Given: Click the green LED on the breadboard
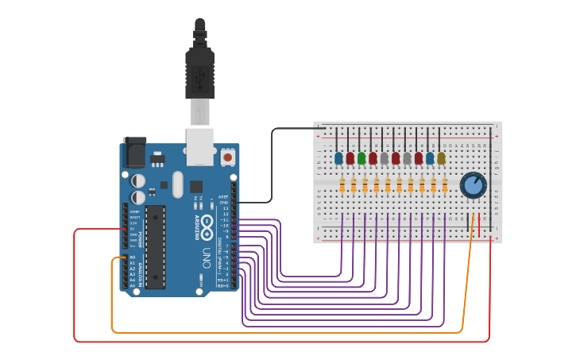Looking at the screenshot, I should (x=361, y=158).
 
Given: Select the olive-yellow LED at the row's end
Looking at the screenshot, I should (x=441, y=158).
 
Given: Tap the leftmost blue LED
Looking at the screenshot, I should (x=338, y=158).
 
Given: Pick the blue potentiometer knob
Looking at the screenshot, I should (x=473, y=185).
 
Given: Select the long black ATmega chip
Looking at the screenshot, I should (x=155, y=246).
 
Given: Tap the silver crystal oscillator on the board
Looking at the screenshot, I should (x=176, y=184).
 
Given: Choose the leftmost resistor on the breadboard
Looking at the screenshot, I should (x=342, y=186).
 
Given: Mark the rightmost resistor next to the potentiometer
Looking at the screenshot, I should (x=445, y=186).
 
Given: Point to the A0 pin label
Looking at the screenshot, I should (x=132, y=257).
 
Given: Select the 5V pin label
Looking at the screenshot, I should (x=132, y=229).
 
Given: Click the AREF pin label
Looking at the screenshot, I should (x=224, y=196).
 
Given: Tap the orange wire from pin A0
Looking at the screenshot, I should (x=286, y=332).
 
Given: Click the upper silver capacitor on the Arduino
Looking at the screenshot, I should (x=138, y=180).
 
